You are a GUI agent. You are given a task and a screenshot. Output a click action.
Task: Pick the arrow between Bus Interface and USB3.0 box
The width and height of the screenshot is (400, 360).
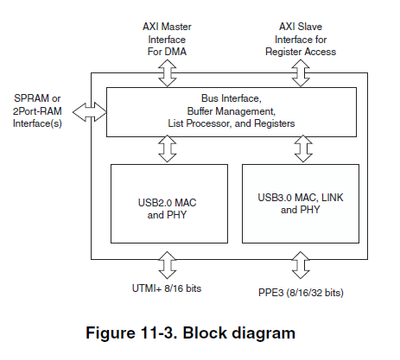298,148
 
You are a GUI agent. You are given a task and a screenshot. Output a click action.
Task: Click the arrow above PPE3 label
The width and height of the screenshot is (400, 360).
298,266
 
